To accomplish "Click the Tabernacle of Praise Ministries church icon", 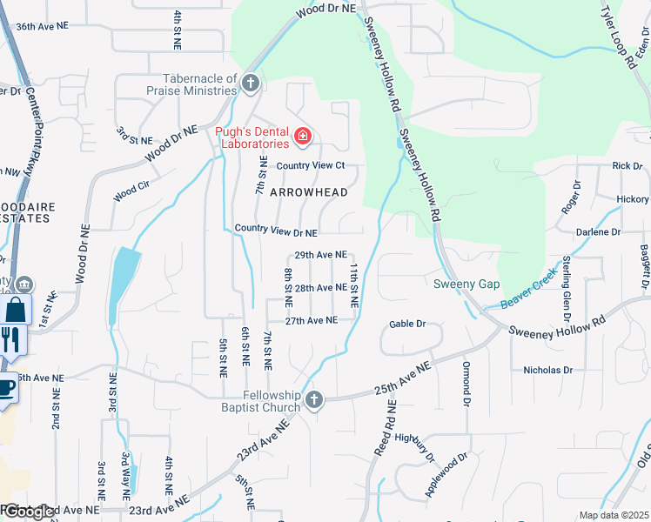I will tap(251, 84).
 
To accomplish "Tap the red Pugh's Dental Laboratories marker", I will tap(302, 137).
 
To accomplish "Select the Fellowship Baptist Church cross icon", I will tap(314, 400).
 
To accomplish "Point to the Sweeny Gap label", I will tap(466, 284).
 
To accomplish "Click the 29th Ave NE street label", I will tap(320, 255).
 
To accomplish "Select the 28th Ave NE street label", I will tap(320, 287).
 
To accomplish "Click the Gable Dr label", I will tap(406, 324).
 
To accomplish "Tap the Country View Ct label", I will tap(311, 165).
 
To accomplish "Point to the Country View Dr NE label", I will tap(276, 232).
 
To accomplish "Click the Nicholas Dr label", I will tap(547, 370).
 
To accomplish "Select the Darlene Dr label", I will tap(598, 232).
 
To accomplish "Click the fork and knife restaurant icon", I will tap(10, 338).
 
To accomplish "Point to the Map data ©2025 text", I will tap(614, 515).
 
